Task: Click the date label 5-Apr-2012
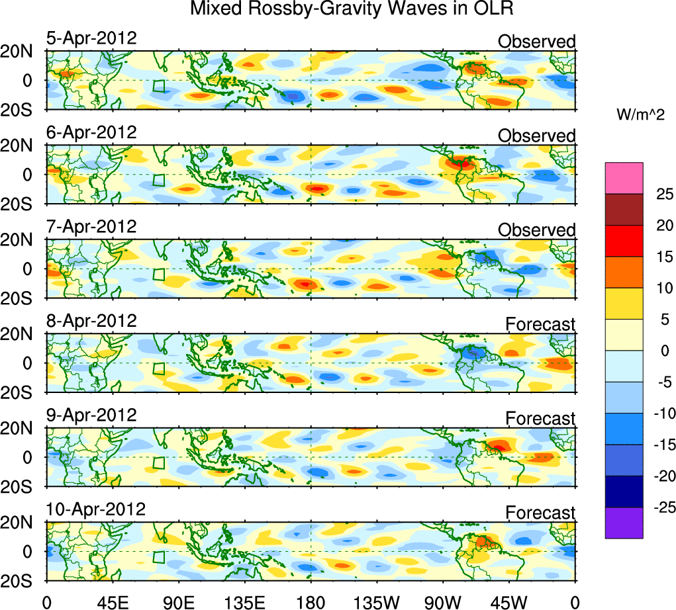click(91, 38)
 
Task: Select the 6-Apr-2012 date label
click(91, 132)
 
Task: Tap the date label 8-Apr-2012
click(91, 321)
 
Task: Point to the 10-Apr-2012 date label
click(95, 509)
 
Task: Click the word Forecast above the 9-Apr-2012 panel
click(540, 419)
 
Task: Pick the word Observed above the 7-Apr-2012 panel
click(537, 230)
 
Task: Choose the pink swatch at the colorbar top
click(624, 178)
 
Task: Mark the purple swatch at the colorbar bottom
click(624, 523)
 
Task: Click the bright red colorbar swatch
click(624, 241)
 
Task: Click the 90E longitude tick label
click(178, 602)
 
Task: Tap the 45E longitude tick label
click(112, 602)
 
